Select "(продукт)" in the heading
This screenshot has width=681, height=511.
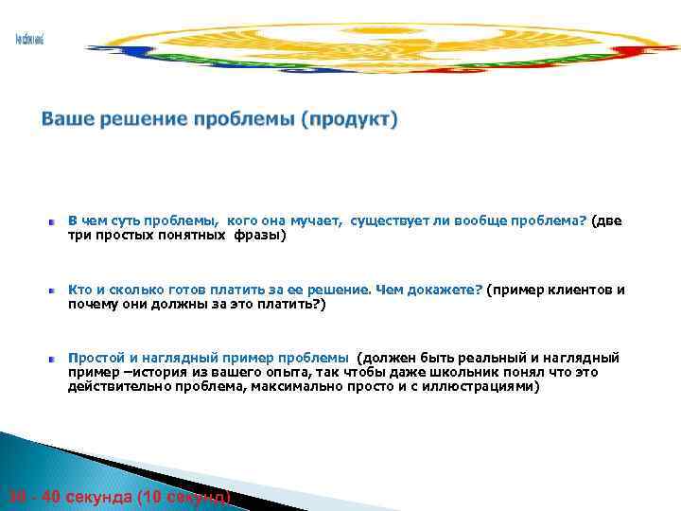click(x=350, y=120)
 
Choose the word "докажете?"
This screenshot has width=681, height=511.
click(x=443, y=291)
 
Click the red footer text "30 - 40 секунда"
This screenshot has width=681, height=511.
click(x=67, y=497)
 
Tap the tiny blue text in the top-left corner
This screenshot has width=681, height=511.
click(x=29, y=39)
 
